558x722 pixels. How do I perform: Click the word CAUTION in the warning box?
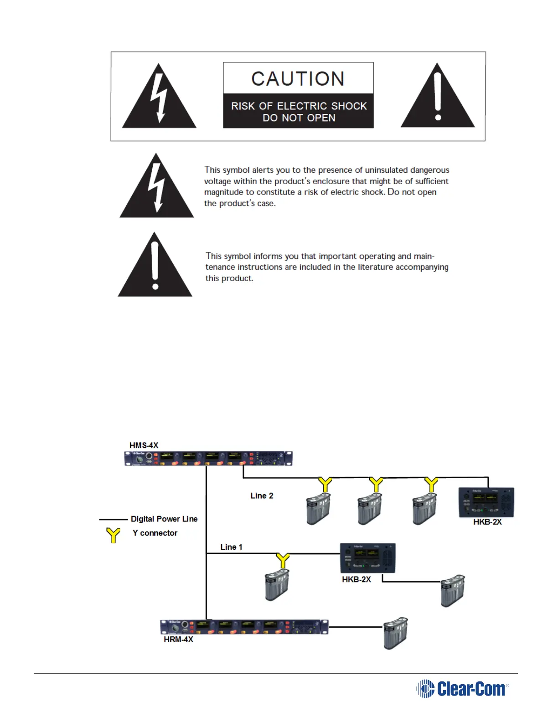point(298,79)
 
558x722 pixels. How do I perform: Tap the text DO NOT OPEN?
point(299,118)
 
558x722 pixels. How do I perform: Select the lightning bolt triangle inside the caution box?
point(159,98)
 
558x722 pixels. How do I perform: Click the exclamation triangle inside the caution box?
point(438,98)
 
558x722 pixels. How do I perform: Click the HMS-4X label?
point(144,445)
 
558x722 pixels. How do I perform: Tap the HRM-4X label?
point(178,639)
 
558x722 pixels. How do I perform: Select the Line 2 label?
point(262,495)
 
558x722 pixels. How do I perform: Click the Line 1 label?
point(231,547)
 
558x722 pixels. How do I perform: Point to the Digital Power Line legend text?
point(164,519)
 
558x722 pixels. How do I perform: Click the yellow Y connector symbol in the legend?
point(113,535)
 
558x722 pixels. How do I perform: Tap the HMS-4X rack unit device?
point(208,458)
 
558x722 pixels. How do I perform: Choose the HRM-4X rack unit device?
point(244,627)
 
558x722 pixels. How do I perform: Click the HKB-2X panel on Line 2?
point(486,502)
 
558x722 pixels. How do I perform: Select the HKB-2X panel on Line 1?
point(367,558)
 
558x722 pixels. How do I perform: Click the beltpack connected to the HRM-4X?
point(395,633)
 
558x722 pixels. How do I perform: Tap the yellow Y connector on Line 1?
point(283,560)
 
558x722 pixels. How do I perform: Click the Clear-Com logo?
point(462,689)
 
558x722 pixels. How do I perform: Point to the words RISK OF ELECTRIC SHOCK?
point(299,106)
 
